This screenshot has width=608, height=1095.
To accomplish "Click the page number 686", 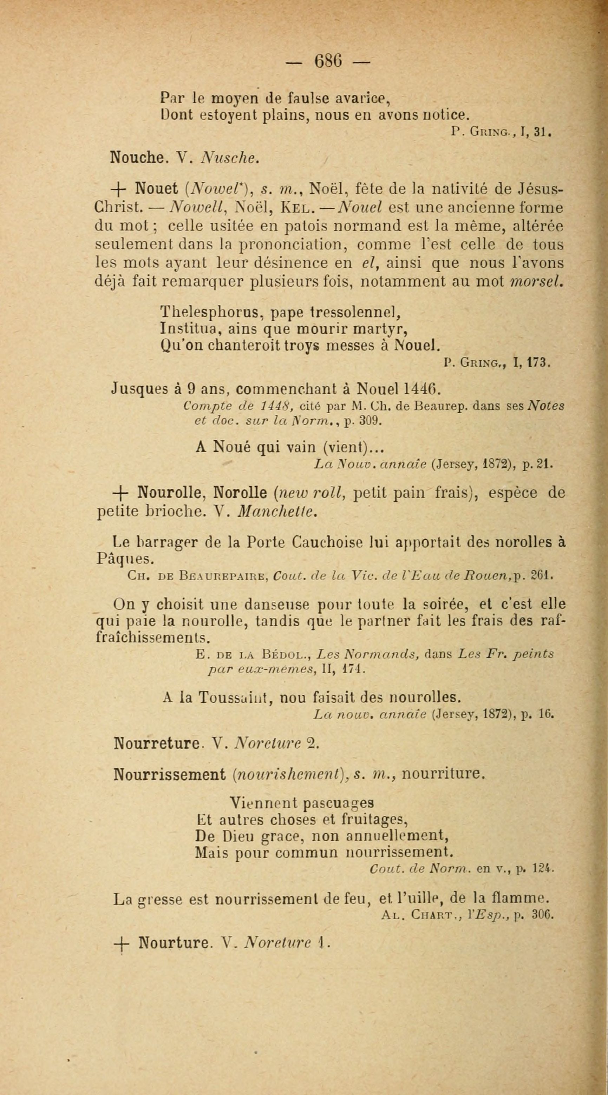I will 328,61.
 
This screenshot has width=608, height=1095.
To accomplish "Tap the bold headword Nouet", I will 157,188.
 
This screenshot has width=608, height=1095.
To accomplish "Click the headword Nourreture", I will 157,743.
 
